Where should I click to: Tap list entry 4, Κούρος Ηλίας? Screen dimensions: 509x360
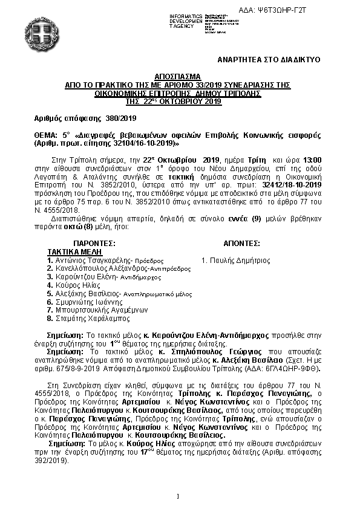(75, 284)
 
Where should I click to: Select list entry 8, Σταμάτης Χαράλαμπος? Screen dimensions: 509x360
(90, 318)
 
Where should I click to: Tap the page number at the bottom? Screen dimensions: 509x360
(178, 496)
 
